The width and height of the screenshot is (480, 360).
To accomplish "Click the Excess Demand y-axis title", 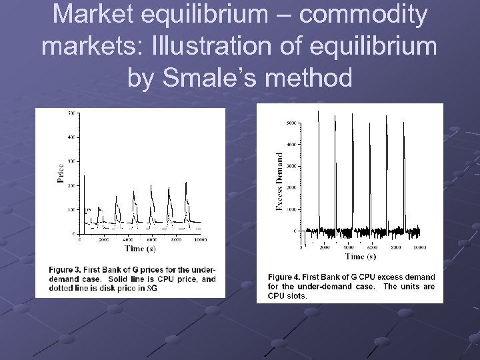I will pyautogui.click(x=279, y=181).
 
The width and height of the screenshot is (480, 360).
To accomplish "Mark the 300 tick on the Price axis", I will pyautogui.click(x=71, y=161).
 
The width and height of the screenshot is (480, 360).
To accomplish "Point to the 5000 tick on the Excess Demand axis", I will pyautogui.click(x=291, y=123).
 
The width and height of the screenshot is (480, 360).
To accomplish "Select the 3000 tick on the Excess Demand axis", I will pyautogui.click(x=291, y=166).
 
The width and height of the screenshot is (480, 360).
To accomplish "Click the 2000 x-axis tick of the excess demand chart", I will pyautogui.click(x=325, y=247).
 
